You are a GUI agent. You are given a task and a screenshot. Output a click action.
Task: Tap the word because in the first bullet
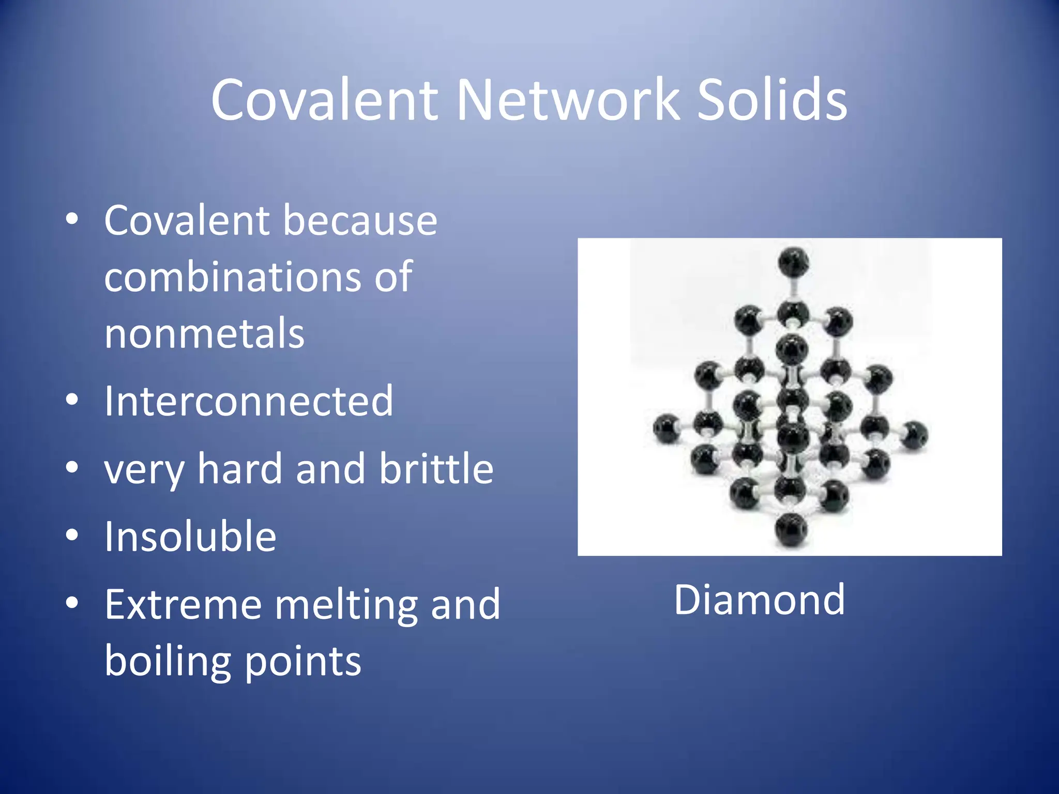tap(360, 221)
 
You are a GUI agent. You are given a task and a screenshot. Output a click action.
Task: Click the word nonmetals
tap(204, 333)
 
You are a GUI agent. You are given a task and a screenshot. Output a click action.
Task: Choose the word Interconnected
tap(249, 401)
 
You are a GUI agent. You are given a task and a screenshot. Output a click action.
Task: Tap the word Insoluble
tap(190, 537)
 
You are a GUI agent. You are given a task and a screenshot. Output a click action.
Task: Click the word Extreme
tap(184, 604)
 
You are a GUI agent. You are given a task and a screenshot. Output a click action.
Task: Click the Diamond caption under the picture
tap(759, 600)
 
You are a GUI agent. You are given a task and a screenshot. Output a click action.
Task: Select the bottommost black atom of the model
tap(791, 530)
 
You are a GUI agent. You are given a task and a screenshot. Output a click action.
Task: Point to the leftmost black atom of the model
tap(666, 428)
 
